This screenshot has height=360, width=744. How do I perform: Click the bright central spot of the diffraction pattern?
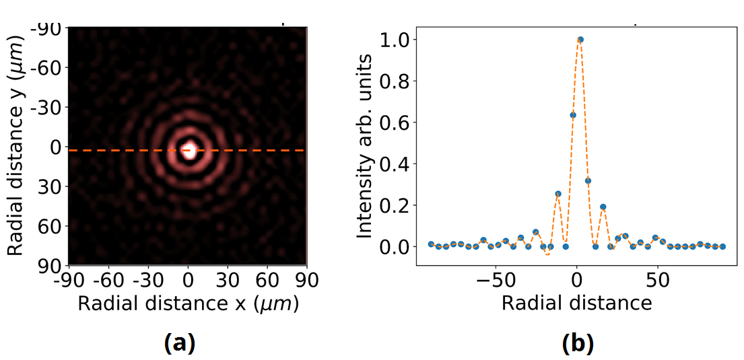tap(189, 149)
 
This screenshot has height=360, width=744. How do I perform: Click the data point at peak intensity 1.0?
tap(580, 40)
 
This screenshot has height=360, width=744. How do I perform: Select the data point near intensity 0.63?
tap(573, 115)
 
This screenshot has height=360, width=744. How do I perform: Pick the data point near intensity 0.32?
tap(588, 180)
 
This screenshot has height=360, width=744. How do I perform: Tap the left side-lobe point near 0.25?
tap(558, 194)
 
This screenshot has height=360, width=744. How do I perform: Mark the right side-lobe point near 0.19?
tap(603, 207)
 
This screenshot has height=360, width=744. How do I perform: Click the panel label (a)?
tap(179, 343)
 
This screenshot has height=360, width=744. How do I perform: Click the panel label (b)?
tap(577, 343)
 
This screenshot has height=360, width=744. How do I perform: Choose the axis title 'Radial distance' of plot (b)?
tap(576, 303)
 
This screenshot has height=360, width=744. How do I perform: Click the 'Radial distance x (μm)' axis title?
tap(188, 303)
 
